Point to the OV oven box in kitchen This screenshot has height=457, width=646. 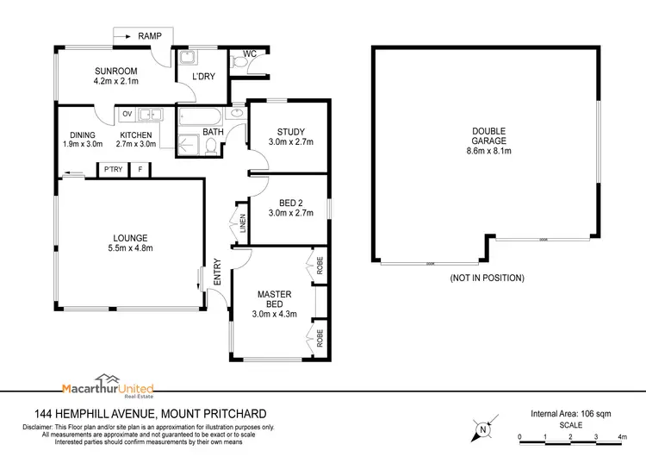click(127, 114)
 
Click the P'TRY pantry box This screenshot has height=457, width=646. click(112, 170)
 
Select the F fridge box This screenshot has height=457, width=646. click(140, 170)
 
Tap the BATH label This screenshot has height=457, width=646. click(212, 133)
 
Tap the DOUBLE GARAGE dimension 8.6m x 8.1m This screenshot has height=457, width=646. click(488, 151)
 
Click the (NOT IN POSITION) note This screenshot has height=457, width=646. click(488, 279)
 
